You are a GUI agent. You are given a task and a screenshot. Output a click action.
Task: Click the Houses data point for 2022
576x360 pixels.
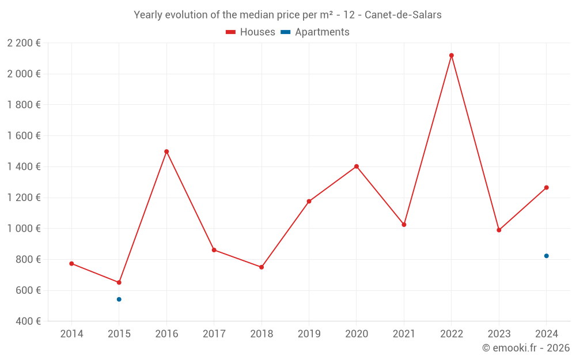click(x=451, y=55)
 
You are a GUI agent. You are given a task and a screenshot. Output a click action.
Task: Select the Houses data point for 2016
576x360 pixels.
click(x=166, y=151)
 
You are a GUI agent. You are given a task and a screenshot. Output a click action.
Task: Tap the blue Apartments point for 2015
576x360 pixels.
click(x=119, y=300)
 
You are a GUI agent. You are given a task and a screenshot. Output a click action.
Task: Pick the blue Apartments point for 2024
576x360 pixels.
click(x=546, y=256)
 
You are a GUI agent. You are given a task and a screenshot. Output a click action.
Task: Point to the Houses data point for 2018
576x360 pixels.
click(x=262, y=267)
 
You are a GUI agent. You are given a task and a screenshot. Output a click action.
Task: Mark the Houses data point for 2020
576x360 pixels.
click(x=357, y=166)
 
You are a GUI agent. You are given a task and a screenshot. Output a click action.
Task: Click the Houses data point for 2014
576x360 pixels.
click(x=71, y=264)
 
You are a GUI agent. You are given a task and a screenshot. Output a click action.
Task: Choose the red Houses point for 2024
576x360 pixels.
click(x=546, y=188)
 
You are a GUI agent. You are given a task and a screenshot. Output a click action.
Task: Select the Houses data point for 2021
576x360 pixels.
click(x=404, y=225)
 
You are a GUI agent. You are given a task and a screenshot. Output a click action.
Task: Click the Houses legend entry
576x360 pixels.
click(x=251, y=32)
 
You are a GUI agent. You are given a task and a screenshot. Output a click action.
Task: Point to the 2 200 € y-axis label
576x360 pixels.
click(x=24, y=43)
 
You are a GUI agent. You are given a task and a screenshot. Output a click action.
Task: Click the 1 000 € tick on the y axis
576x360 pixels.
click(x=24, y=229)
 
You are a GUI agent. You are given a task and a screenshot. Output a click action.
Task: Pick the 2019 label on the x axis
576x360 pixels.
click(x=309, y=334)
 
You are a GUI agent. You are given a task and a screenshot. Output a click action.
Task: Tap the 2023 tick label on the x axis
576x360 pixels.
click(x=499, y=334)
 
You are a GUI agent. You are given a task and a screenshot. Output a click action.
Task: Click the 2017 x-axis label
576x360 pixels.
click(x=214, y=334)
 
